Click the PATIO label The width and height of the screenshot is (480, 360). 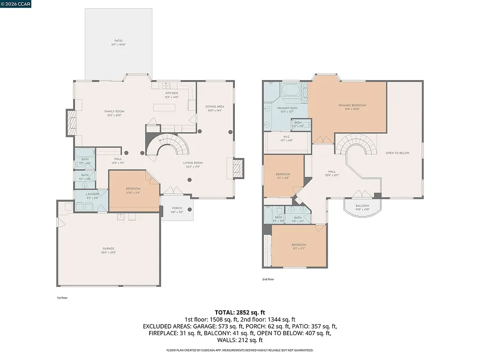[119, 41]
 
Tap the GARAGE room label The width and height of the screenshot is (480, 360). [109, 248]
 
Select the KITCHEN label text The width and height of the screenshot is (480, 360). [172, 93]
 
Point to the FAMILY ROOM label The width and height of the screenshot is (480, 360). [114, 112]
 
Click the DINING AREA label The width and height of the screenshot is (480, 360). [215, 106]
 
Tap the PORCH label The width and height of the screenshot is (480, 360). [177, 208]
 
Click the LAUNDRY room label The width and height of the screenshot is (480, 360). [92, 194]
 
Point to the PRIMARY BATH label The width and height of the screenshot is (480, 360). [274, 108]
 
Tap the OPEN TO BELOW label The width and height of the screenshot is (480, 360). [397, 153]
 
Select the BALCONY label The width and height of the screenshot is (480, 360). [362, 206]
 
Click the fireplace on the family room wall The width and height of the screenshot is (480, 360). [70, 123]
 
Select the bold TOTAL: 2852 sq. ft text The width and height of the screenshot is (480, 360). [240, 312]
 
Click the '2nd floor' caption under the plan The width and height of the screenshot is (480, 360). [268, 279]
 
